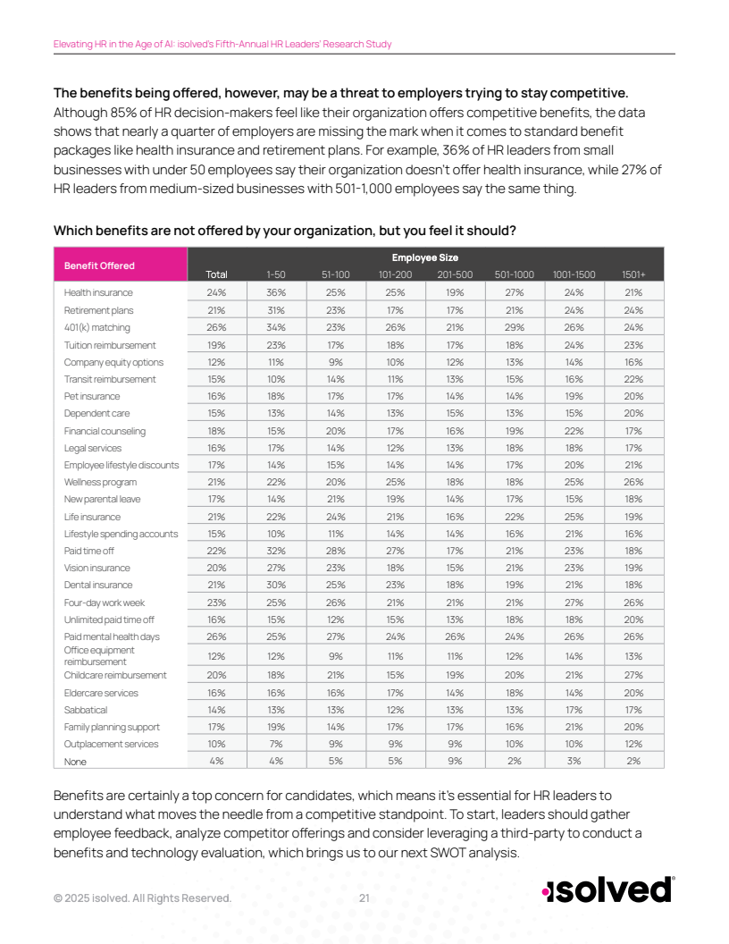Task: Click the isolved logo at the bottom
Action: coord(607,890)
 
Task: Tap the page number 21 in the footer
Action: coord(364,898)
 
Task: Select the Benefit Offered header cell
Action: coord(99,265)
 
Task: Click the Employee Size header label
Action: coord(425,257)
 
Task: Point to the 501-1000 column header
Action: coord(515,274)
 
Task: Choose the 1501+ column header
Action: coord(633,274)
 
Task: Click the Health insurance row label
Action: coord(98,292)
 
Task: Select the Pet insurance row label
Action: coord(91,396)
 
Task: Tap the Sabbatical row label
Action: coord(86,710)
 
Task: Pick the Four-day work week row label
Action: coord(104,603)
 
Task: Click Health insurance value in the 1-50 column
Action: coord(276,292)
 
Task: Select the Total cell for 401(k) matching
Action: coord(216,327)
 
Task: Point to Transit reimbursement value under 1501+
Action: coord(633,379)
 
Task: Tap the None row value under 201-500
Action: coord(455,761)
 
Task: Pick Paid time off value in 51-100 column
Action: coord(335,551)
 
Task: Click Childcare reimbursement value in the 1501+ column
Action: coord(633,675)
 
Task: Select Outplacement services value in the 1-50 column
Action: coord(276,744)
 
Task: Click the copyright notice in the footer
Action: coord(142,898)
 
